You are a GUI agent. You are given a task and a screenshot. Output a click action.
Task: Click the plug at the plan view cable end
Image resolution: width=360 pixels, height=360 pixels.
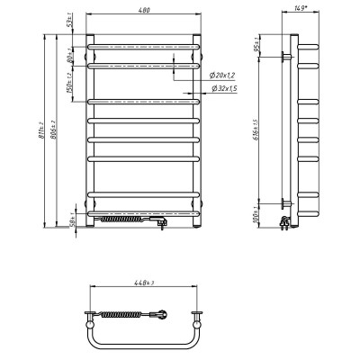162,314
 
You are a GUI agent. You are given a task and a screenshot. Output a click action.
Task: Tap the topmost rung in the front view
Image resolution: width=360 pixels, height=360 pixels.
143,41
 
